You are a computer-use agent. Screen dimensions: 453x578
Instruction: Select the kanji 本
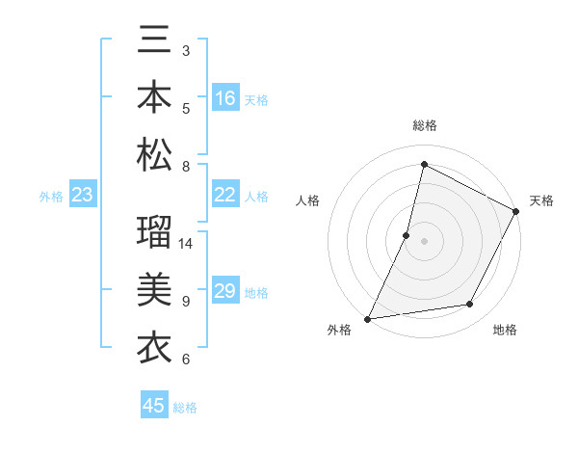pos(154,99)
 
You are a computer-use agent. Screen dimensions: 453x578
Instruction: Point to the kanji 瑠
pos(154,232)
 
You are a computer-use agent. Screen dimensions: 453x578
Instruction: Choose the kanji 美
pos(154,289)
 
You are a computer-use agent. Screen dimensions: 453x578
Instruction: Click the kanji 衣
pos(154,346)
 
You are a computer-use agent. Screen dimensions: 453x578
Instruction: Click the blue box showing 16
pos(225,98)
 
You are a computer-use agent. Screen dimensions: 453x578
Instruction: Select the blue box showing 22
pos(225,196)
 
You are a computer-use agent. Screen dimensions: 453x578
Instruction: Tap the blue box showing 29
pos(225,292)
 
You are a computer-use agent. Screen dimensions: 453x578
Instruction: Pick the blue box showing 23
pos(83,196)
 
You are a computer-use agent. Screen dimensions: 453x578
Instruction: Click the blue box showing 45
pos(154,406)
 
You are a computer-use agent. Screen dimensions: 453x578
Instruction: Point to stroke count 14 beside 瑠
pos(187,244)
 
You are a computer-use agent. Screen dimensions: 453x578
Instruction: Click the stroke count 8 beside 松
pos(186,167)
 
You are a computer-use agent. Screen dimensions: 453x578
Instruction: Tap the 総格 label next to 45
pos(185,408)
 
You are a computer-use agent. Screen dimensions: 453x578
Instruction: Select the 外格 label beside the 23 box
pos(51,197)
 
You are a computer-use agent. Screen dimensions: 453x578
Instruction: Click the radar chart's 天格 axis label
pos(541,201)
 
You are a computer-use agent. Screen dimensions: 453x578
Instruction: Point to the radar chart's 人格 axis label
pos(308,201)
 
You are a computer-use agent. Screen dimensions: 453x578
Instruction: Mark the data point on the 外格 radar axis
pos(368,318)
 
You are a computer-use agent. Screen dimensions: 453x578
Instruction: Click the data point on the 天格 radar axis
pos(516,211)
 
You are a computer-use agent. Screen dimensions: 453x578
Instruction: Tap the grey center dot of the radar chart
pos(424,241)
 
